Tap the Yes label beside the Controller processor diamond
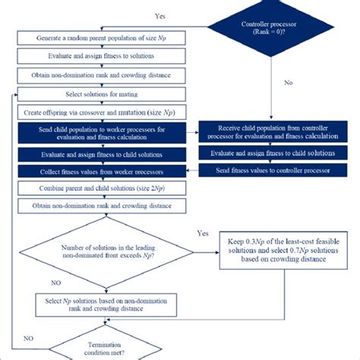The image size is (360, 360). click(160, 14)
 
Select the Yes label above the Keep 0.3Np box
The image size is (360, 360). click(202, 234)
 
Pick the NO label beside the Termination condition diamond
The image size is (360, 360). click(27, 336)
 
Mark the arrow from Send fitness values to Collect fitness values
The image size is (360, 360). click(187, 170)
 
